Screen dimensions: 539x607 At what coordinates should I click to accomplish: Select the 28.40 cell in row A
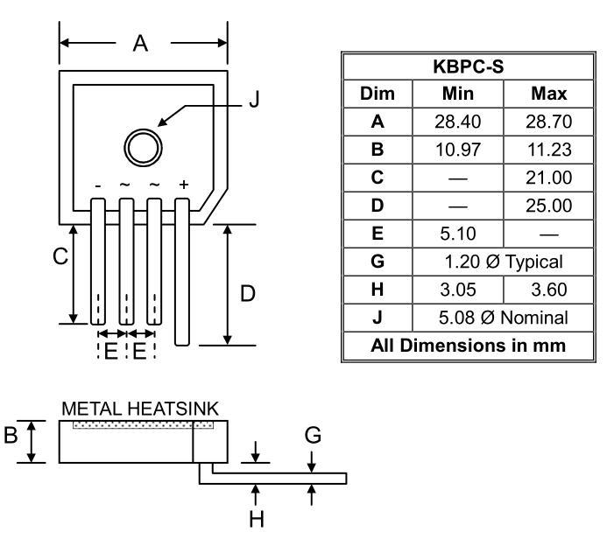pyautogui.click(x=457, y=121)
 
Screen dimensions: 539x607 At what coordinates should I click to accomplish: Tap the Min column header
pyautogui.click(x=457, y=94)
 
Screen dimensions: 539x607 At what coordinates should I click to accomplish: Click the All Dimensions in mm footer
pyautogui.click(x=469, y=345)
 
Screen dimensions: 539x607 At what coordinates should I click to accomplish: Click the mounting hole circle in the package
pyautogui.click(x=142, y=145)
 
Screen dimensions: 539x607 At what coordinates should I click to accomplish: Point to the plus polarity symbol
pyautogui.click(x=183, y=185)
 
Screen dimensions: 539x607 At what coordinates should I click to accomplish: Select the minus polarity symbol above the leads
pyautogui.click(x=98, y=185)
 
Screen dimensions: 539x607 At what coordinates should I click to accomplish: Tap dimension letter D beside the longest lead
pyautogui.click(x=247, y=294)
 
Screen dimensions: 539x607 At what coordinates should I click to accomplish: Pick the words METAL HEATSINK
pyautogui.click(x=140, y=409)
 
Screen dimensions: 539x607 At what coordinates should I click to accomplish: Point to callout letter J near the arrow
pyautogui.click(x=254, y=100)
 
